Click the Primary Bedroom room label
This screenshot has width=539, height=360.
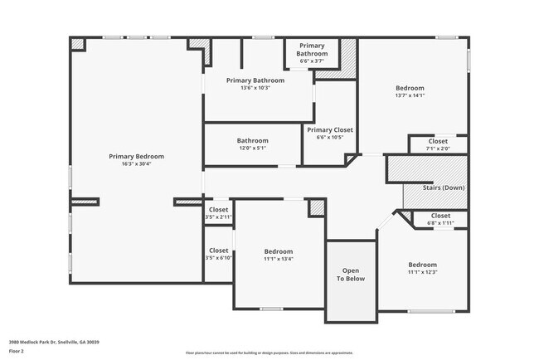[136, 156]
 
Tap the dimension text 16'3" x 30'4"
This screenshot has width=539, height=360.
[136, 164]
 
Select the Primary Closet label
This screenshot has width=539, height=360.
[330, 130]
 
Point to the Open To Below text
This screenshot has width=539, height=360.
[350, 275]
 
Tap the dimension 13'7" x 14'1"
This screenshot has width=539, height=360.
[410, 96]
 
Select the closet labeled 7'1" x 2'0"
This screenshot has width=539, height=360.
[438, 145]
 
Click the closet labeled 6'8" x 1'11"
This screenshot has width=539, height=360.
[440, 219]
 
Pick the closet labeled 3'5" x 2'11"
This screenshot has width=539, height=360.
[218, 213]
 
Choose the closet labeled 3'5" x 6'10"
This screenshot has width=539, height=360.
[218, 254]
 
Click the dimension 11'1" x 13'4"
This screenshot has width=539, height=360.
[279, 259]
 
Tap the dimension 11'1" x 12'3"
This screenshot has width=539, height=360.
[422, 272]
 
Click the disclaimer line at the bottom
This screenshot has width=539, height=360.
[269, 353]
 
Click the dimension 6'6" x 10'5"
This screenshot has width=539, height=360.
[330, 138]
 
